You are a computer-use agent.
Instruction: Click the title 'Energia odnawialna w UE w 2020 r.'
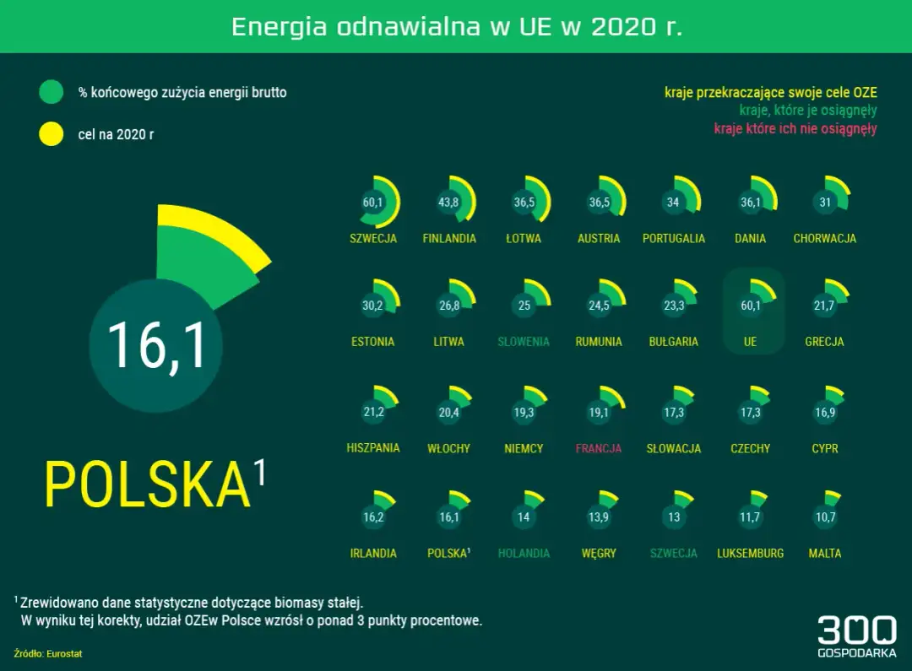pyautogui.click(x=457, y=26)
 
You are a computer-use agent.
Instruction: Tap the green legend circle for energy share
pyautogui.click(x=52, y=92)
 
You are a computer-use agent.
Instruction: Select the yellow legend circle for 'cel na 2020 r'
pyautogui.click(x=52, y=133)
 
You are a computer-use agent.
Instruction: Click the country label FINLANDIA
pyautogui.click(x=449, y=239)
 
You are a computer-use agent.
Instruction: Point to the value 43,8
pyautogui.click(x=448, y=203)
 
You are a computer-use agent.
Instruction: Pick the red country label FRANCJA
pyautogui.click(x=599, y=448)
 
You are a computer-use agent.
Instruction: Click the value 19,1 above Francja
pyautogui.click(x=599, y=413)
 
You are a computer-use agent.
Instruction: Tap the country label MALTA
pyautogui.click(x=825, y=554)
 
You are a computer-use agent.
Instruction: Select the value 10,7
pyautogui.click(x=825, y=517)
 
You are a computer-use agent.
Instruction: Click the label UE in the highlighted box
pyautogui.click(x=750, y=342)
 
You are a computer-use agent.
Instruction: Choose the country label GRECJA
pyautogui.click(x=825, y=342)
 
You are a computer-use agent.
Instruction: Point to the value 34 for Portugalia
pyautogui.click(x=673, y=203)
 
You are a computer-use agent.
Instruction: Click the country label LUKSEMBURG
pyautogui.click(x=750, y=554)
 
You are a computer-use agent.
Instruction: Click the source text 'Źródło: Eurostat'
pyautogui.click(x=48, y=653)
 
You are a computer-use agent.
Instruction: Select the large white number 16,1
pyautogui.click(x=156, y=346)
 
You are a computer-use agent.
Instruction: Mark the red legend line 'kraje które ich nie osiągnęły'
pyautogui.click(x=795, y=129)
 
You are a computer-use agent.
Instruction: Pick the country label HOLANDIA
pyautogui.click(x=524, y=554)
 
